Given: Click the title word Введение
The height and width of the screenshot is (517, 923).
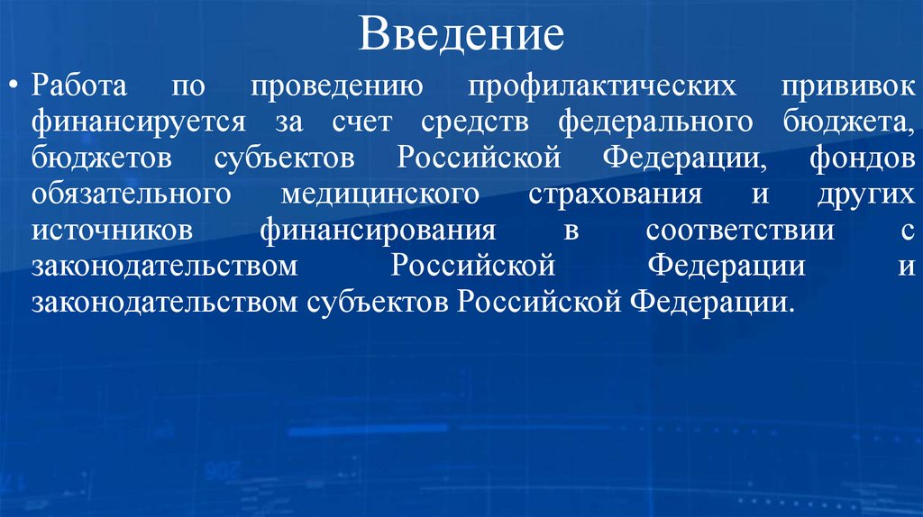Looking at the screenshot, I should point(461,35).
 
